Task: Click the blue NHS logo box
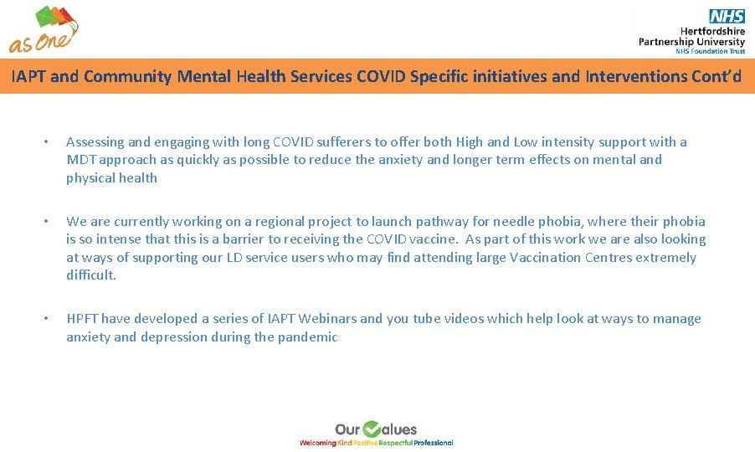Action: click(727, 17)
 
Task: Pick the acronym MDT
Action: click(80, 160)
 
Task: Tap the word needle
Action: click(516, 222)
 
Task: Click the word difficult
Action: click(90, 275)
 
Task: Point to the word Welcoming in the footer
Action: click(317, 442)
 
